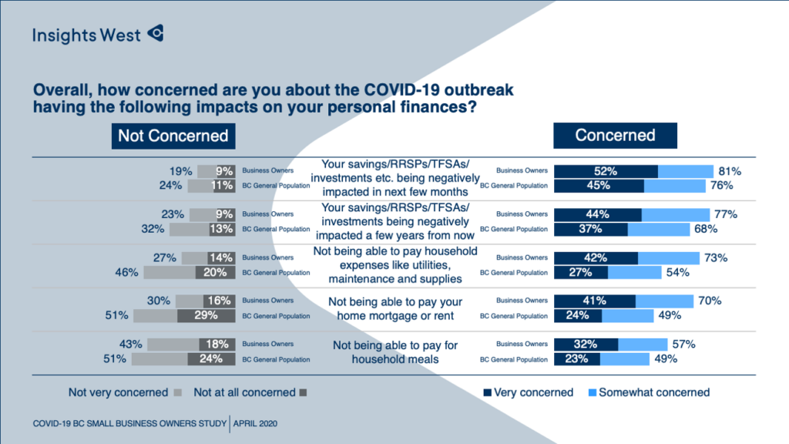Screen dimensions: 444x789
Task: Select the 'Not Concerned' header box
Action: (x=173, y=136)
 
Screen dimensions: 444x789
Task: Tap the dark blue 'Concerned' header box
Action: (x=615, y=135)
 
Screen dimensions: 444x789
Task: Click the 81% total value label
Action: (x=728, y=171)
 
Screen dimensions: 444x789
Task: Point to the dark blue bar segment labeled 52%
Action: (x=606, y=171)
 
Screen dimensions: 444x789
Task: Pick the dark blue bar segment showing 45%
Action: (x=599, y=185)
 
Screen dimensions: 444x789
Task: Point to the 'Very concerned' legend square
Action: (x=486, y=393)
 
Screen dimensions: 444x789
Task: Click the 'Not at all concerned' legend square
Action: (x=303, y=393)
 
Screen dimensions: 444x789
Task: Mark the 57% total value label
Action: (x=683, y=345)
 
